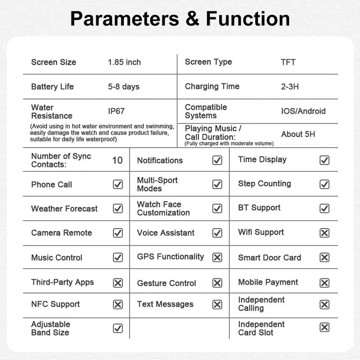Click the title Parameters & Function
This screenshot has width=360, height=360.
180,19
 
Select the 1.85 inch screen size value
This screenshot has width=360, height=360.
124,62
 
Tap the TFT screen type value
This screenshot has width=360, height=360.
288,62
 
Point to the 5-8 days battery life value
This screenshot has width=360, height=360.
124,86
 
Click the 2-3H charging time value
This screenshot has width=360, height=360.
290,86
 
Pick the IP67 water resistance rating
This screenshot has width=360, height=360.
116,111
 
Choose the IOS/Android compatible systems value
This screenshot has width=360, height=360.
303,111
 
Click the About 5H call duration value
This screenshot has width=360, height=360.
298,134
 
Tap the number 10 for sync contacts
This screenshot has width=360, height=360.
117,160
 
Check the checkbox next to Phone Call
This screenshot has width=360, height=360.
118,184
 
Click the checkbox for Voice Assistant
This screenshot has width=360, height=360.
217,233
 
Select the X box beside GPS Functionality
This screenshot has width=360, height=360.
217,257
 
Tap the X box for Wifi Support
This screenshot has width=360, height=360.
324,233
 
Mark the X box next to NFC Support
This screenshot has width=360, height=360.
118,305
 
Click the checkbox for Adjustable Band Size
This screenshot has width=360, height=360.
118,328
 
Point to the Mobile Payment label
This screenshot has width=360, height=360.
268,282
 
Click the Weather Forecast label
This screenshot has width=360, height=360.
64,209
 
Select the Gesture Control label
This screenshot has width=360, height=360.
166,283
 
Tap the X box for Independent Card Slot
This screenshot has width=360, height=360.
324,328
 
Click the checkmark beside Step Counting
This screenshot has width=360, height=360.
324,184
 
